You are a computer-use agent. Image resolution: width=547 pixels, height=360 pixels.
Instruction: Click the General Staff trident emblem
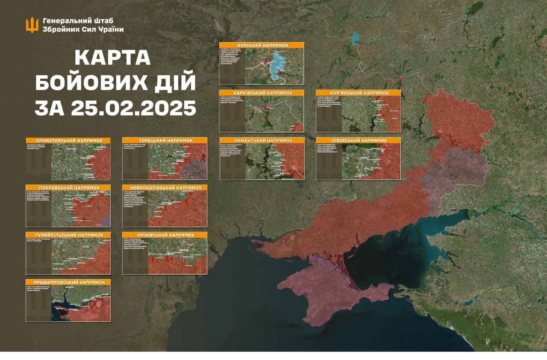click(x=32, y=25)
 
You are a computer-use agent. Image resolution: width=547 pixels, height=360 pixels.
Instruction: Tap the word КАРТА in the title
click(x=113, y=57)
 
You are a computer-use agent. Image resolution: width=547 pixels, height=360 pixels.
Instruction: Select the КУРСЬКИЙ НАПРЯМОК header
click(x=262, y=45)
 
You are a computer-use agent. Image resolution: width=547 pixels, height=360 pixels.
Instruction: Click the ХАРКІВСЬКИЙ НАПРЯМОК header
click(x=262, y=93)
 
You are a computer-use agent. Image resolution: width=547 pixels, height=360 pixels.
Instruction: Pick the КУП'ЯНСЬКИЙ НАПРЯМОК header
click(x=359, y=93)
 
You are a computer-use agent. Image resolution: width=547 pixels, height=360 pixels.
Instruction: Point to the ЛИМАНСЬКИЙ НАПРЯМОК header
click(x=262, y=140)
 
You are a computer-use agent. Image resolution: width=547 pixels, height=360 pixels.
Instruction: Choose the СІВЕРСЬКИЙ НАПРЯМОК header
click(x=359, y=140)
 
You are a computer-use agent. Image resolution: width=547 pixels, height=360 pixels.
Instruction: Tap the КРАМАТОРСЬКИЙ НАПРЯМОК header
click(x=68, y=140)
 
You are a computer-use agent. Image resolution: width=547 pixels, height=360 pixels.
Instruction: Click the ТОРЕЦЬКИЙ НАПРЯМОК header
click(x=165, y=140)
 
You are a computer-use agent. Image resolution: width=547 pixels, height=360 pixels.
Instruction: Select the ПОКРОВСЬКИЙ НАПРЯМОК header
click(x=68, y=188)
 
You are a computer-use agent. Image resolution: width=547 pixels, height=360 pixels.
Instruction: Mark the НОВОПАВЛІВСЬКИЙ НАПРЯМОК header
click(x=165, y=188)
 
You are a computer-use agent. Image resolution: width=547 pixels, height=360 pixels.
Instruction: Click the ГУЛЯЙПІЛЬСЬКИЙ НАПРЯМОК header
click(x=68, y=235)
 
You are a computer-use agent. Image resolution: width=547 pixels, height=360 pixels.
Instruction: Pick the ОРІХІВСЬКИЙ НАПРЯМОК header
click(x=165, y=235)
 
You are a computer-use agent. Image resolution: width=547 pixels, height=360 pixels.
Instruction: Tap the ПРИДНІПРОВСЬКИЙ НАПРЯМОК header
click(x=68, y=283)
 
